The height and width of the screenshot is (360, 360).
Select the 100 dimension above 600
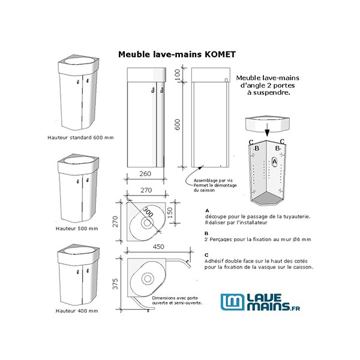coord(178,75)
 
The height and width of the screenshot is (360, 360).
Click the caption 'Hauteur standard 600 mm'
coord(80,137)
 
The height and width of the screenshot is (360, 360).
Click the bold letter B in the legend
coord(207,233)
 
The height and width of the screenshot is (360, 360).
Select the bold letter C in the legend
coord(207,254)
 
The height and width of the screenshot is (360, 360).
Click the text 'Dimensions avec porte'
coord(176,297)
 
